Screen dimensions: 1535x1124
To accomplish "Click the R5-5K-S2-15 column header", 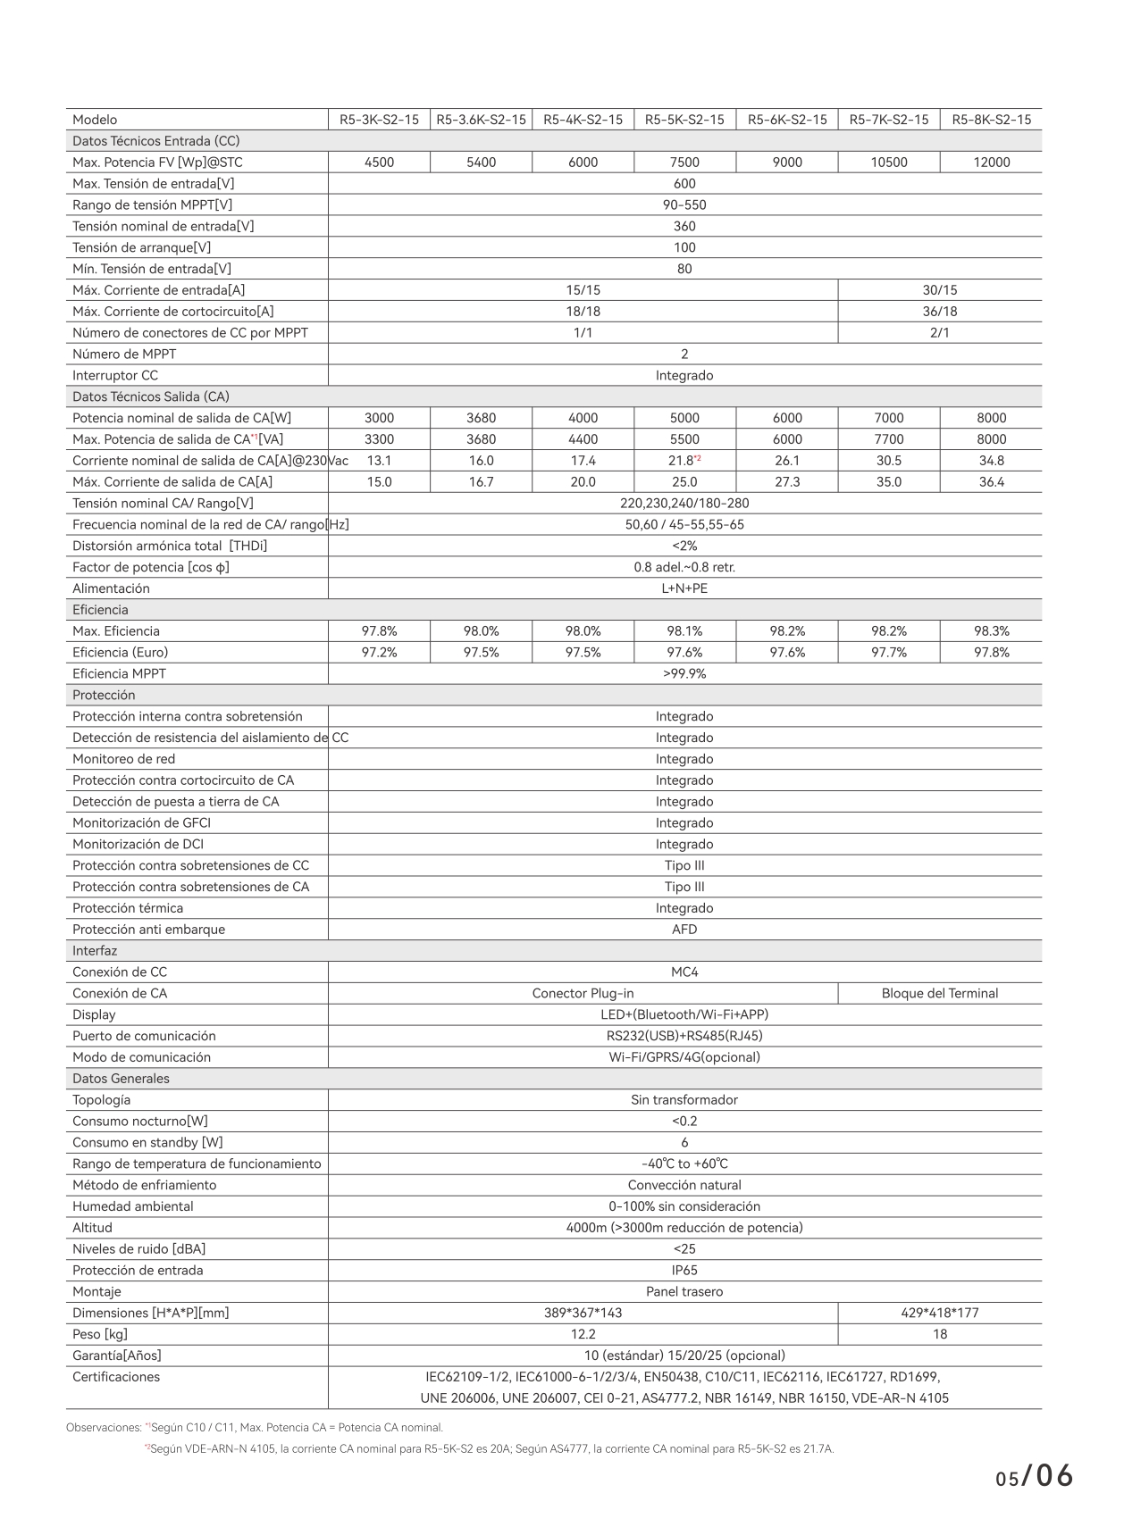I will pyautogui.click(x=684, y=120).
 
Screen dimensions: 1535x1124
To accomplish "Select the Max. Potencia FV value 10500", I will pyautogui.click(x=888, y=163).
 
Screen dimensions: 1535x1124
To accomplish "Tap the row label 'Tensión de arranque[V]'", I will pyautogui.click(x=142, y=247).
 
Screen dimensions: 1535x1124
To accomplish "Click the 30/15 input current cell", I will pyautogui.click(x=939, y=290).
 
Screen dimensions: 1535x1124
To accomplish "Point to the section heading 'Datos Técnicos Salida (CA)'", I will pyautogui.click(x=151, y=396).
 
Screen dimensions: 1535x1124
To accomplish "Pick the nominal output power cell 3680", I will pyautogui.click(x=481, y=418).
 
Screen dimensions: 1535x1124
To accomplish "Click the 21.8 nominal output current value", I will pyautogui.click(x=683, y=461).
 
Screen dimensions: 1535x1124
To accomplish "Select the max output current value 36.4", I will pyautogui.click(x=991, y=482).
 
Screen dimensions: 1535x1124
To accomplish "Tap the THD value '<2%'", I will pyautogui.click(x=684, y=546).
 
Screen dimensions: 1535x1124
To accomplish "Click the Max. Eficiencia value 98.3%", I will pyautogui.click(x=991, y=631).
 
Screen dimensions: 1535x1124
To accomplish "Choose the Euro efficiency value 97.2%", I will pyautogui.click(x=379, y=653).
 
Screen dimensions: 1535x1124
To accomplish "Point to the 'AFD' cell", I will pyautogui.click(x=684, y=930).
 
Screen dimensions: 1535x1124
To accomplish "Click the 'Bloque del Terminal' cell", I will pyautogui.click(x=939, y=994).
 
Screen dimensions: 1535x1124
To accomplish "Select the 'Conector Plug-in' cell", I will pyautogui.click(x=583, y=994).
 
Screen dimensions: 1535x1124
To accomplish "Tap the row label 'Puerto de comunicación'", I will pyautogui.click(x=144, y=1036).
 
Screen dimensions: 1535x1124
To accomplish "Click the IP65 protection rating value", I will pyautogui.click(x=684, y=1271).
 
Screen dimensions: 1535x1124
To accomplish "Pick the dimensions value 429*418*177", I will pyautogui.click(x=939, y=1314).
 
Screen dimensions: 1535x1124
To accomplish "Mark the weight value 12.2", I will pyautogui.click(x=583, y=1335).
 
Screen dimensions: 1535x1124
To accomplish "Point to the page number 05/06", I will pyautogui.click(x=1034, y=1479).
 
